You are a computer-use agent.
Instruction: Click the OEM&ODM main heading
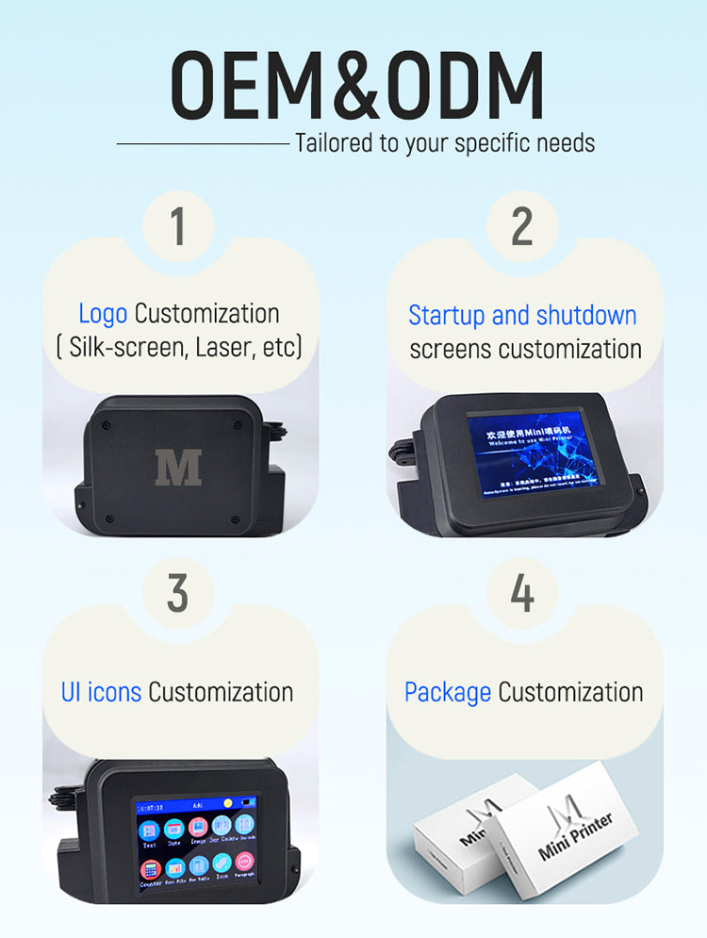356,86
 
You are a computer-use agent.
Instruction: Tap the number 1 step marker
178,227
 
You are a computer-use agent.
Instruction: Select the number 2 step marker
522,227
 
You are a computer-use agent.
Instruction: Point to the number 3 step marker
178,594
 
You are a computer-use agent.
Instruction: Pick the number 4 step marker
522,594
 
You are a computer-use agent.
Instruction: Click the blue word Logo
103,314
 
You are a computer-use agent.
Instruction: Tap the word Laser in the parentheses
222,348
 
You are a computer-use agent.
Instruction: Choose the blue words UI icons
101,692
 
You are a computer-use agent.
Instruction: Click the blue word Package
448,692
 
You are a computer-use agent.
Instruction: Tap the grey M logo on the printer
178,468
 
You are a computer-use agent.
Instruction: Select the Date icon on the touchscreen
173,831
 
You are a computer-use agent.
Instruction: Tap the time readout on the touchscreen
152,808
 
